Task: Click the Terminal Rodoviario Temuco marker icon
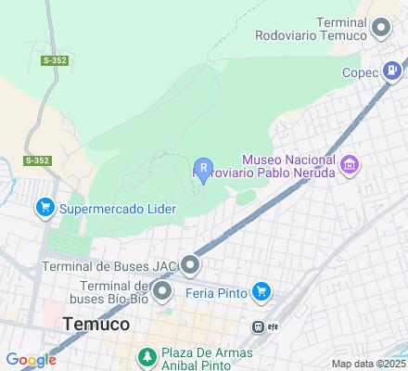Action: point(380,29)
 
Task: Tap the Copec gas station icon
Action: point(395,69)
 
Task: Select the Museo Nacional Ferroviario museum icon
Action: point(351,166)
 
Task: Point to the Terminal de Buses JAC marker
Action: point(191,267)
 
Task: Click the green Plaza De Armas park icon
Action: point(146,357)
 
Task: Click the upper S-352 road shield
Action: point(54,59)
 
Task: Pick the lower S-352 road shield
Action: point(37,160)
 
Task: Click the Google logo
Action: point(30,360)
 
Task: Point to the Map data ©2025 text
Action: point(369,364)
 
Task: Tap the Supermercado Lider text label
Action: point(118,209)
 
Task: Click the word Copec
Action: point(360,72)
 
